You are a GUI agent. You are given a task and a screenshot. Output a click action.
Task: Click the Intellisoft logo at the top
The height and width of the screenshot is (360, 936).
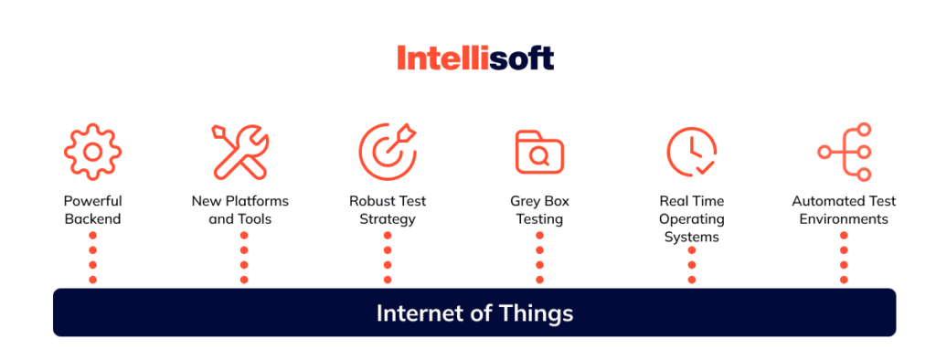[474, 58]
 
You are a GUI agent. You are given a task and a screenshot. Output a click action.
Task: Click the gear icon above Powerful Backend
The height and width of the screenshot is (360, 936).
[92, 151]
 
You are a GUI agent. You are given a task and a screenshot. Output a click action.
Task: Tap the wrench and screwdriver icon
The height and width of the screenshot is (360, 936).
[240, 151]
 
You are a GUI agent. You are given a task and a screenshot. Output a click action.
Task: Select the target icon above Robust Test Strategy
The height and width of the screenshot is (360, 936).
[388, 151]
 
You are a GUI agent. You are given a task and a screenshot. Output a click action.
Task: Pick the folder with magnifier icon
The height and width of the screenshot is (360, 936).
[538, 153]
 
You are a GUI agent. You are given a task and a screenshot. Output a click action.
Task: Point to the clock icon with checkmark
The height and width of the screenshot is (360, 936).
[691, 152]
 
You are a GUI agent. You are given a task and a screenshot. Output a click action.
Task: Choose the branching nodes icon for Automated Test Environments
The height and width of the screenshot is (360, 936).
[844, 151]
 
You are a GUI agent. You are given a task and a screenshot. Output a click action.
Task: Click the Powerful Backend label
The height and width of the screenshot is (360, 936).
[92, 210]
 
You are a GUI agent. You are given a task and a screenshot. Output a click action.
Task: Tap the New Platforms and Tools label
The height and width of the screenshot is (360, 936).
[240, 210]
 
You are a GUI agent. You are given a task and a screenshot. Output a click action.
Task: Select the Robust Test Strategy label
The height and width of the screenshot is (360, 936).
[388, 210]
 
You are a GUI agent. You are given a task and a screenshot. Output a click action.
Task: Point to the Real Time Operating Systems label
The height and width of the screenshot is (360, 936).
[691, 219]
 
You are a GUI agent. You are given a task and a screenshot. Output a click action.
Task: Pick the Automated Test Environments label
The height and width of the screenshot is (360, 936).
[844, 210]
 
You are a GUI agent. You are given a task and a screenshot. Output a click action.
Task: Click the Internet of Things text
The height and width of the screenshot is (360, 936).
[474, 313]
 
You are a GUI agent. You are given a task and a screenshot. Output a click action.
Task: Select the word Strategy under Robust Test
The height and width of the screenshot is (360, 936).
[388, 219]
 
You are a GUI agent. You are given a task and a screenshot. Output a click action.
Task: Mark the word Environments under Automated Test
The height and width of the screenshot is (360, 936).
[844, 219]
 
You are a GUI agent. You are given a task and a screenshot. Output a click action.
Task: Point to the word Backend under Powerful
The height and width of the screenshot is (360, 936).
[92, 219]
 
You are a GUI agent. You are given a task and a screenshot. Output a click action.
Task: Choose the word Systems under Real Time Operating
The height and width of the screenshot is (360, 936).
[691, 238]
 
